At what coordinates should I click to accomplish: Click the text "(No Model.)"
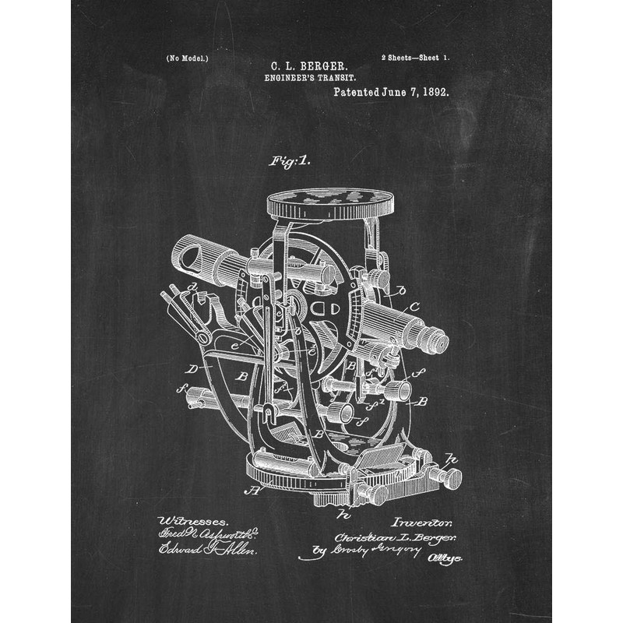[x=187, y=58]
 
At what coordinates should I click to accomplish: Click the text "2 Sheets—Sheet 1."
[x=416, y=58]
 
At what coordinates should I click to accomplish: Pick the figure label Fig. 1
[x=289, y=161]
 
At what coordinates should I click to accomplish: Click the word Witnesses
[x=192, y=520]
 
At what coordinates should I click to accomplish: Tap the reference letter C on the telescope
[x=414, y=305]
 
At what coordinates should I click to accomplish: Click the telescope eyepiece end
[x=436, y=340]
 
